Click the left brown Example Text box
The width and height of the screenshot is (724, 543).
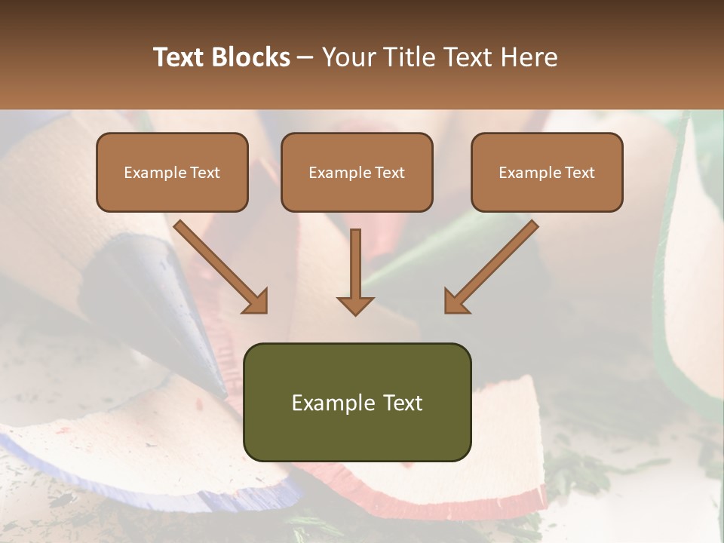coord(172,172)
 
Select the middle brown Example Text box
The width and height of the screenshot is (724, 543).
coord(357,172)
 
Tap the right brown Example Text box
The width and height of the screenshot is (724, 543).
coord(547,172)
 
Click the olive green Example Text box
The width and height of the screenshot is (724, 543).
coord(357,402)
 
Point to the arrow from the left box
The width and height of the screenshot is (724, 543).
coord(219,264)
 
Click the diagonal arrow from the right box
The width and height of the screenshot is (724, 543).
coord(494,264)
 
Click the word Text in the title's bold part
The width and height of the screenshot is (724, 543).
coord(179,57)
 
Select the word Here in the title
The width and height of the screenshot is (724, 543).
coord(531,57)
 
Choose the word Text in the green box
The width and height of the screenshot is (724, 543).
coord(402,403)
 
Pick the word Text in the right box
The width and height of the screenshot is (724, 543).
coord(580,173)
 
